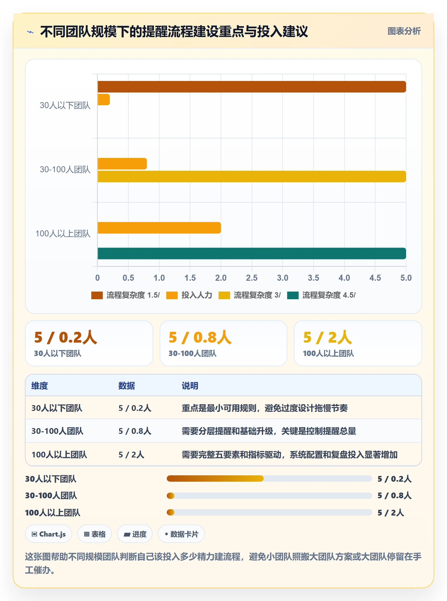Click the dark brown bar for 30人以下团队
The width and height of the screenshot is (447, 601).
(252, 87)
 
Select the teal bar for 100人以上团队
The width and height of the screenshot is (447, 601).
(252, 253)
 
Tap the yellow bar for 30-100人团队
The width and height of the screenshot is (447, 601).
(252, 176)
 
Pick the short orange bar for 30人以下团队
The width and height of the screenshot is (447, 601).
(104, 100)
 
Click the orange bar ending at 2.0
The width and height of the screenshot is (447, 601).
(159, 228)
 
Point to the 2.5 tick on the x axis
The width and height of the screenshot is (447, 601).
(252, 278)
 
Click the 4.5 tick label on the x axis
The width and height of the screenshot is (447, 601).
(375, 278)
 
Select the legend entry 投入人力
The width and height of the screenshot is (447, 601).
(189, 295)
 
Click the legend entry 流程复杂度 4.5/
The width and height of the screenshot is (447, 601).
(321, 295)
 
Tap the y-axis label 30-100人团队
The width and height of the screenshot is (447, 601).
(65, 169)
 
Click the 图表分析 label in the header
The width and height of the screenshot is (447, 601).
(404, 31)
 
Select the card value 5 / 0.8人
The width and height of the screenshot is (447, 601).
(200, 337)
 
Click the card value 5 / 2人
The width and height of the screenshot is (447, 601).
(328, 337)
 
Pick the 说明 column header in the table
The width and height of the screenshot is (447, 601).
(190, 386)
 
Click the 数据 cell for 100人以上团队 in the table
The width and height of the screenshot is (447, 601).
(131, 455)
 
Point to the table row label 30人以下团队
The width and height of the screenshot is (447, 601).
(57, 408)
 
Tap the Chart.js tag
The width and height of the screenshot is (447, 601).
(49, 534)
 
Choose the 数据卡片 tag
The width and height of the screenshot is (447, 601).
(181, 534)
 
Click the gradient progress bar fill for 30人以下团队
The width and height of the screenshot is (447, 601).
(215, 479)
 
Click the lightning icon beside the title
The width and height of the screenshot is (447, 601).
(30, 32)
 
